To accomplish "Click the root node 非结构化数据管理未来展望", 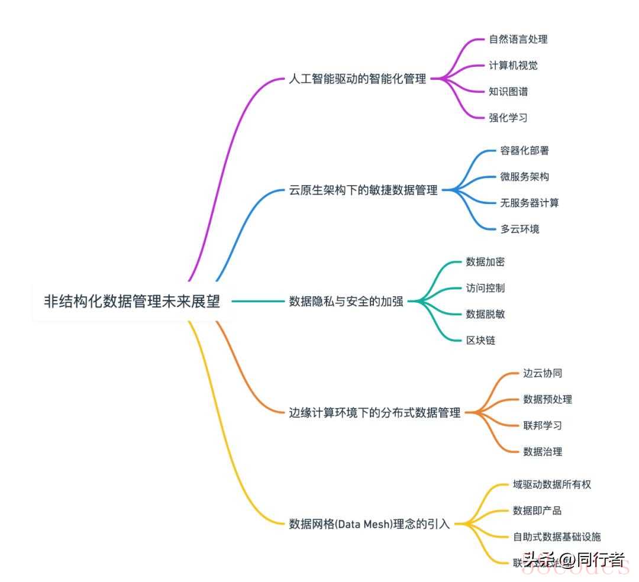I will [x=132, y=301].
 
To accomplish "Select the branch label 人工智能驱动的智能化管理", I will [x=357, y=79].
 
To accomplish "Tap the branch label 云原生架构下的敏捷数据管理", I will [x=363, y=190].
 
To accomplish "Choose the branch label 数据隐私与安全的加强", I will [x=346, y=301].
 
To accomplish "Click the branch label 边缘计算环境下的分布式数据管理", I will [x=375, y=413].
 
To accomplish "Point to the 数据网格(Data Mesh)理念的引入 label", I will [x=369, y=523].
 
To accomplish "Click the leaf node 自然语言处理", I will [x=518, y=39].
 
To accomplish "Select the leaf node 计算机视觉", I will [x=514, y=65].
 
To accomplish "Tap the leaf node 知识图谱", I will [x=508, y=91].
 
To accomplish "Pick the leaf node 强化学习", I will [x=508, y=117].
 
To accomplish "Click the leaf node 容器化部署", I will [x=525, y=150].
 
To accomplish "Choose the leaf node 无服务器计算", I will [x=530, y=203].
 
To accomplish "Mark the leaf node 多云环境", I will [x=520, y=229].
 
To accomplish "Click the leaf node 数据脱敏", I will [x=485, y=314].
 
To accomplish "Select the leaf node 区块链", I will [x=480, y=340].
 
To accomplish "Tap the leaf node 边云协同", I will [x=543, y=373].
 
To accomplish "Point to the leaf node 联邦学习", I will [x=543, y=425].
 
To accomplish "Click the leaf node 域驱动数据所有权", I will [x=552, y=484].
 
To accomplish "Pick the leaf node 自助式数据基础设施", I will [x=557, y=536].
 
